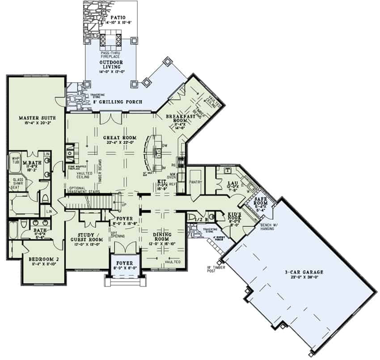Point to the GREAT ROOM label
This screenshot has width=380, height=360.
(x=119, y=137)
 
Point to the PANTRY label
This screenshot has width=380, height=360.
(x=196, y=182)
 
